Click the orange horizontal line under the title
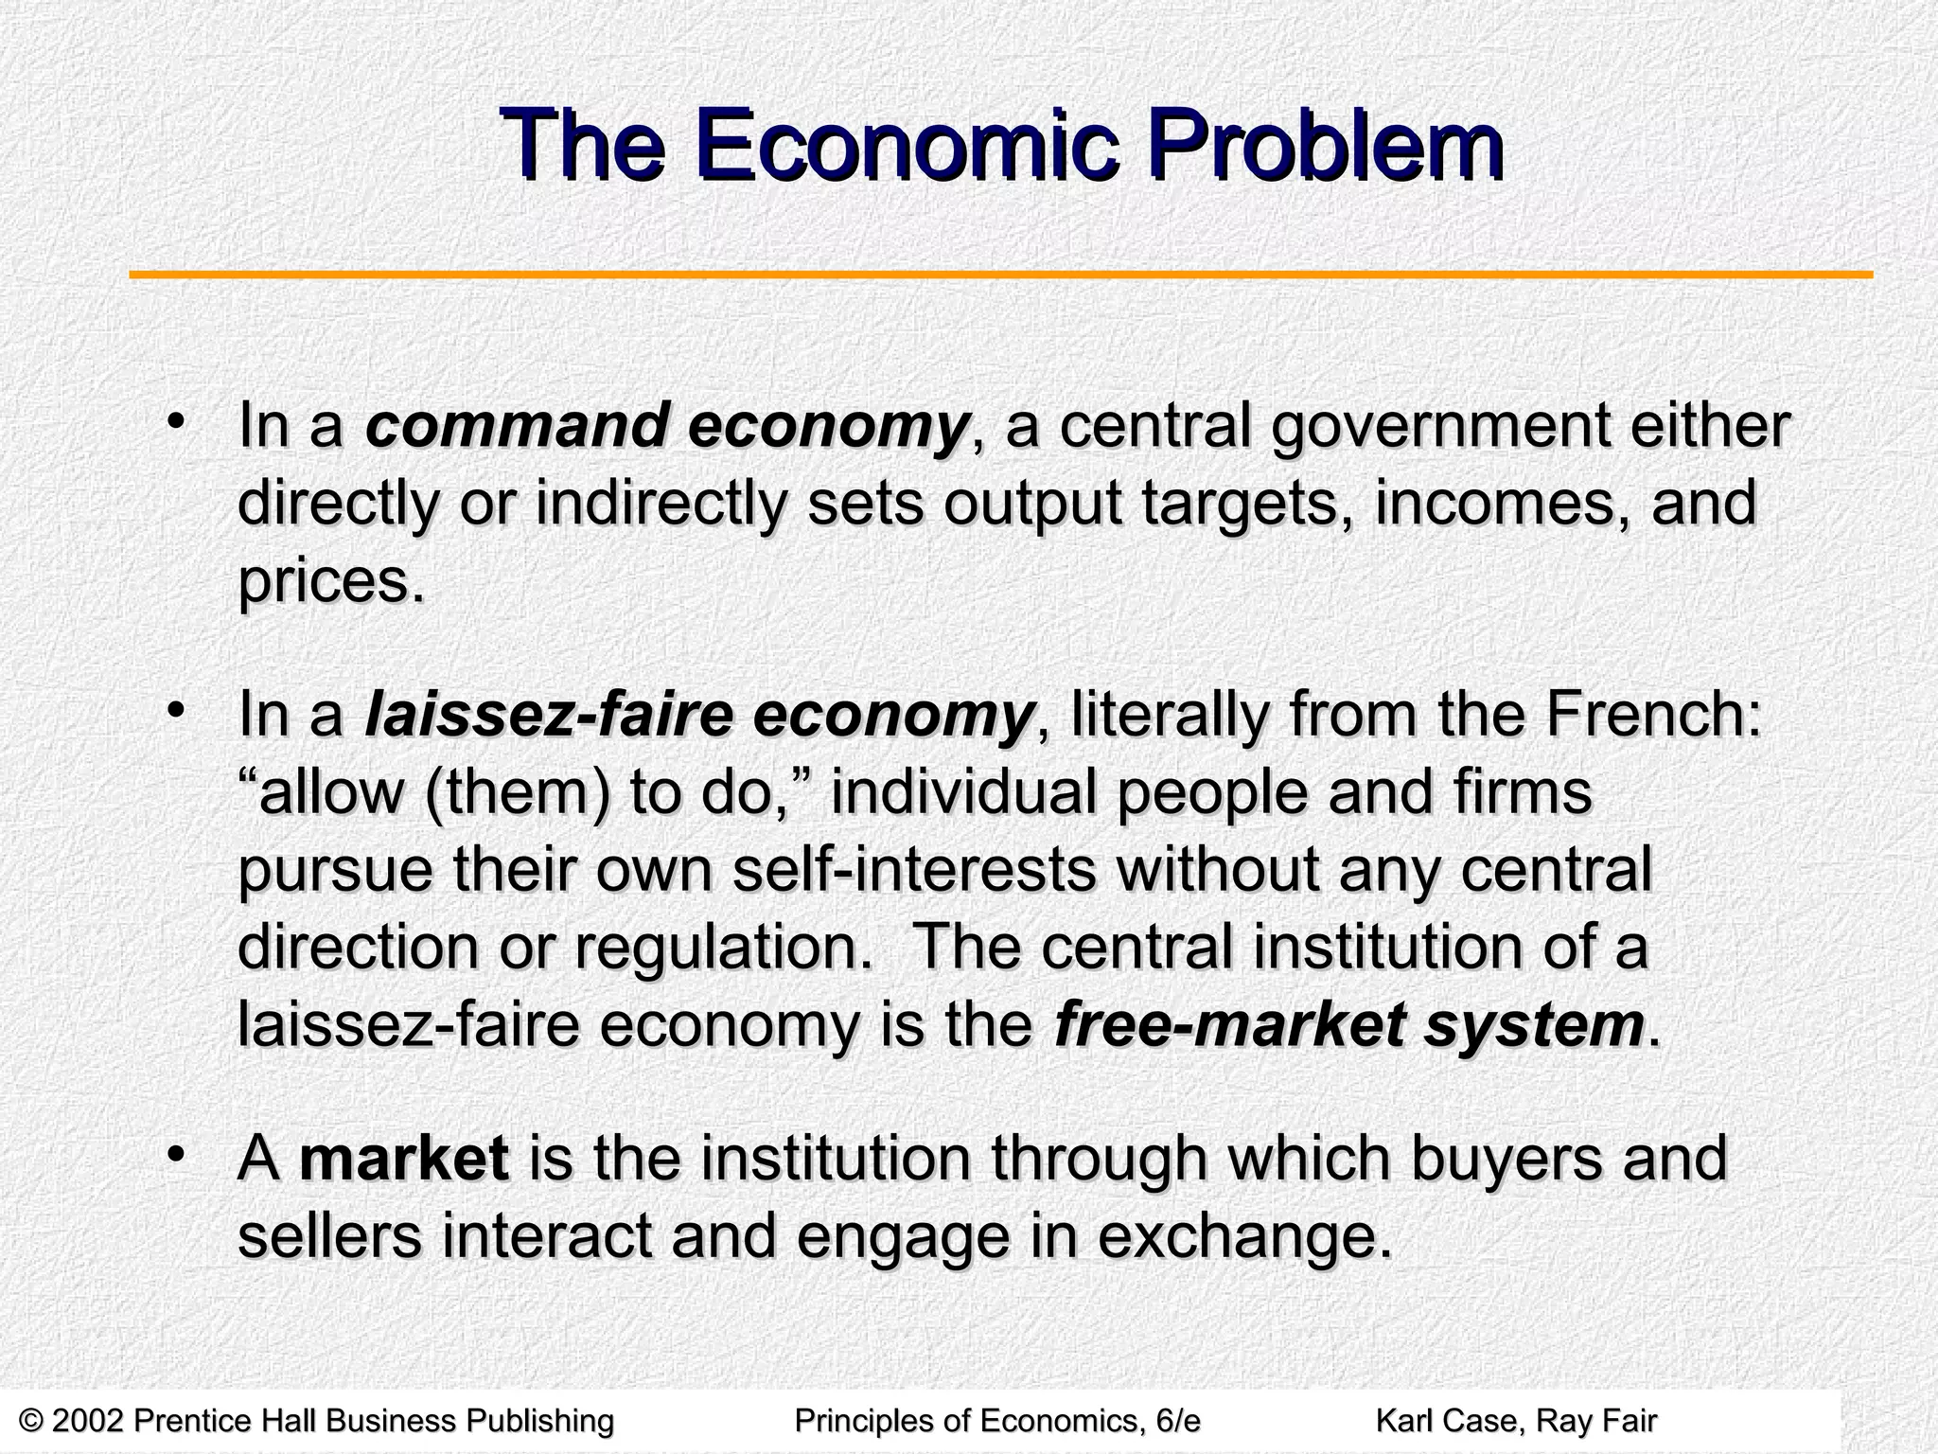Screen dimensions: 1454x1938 click(1000, 275)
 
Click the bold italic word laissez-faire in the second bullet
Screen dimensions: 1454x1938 click(549, 716)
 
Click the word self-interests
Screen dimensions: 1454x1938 click(913, 870)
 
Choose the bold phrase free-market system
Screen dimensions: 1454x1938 click(1349, 1025)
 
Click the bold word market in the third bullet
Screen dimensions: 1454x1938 click(404, 1159)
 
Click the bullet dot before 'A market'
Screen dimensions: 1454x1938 click(174, 1155)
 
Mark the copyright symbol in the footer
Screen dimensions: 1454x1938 click(30, 1421)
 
